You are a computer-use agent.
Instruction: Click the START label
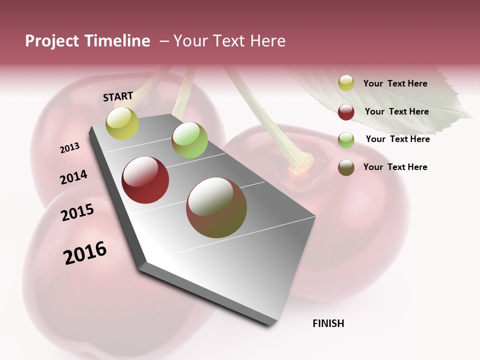click(118, 96)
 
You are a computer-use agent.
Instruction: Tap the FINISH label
click(328, 323)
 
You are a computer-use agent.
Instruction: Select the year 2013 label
click(69, 148)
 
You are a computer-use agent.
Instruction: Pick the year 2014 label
click(73, 177)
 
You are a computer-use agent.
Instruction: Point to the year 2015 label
click(77, 212)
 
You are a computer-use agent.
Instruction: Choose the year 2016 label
click(85, 252)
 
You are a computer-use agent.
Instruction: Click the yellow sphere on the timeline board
click(122, 123)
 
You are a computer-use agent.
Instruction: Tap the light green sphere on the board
click(189, 139)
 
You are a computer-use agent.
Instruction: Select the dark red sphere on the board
click(145, 180)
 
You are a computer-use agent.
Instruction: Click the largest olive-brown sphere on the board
click(216, 207)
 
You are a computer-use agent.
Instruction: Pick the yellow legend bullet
click(346, 83)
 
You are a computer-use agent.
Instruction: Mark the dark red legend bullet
click(346, 112)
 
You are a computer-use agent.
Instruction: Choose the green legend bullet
click(346, 140)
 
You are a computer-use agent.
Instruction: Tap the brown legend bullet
click(346, 167)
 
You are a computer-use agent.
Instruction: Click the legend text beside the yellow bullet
click(395, 83)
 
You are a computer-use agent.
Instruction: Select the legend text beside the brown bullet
click(395, 167)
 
